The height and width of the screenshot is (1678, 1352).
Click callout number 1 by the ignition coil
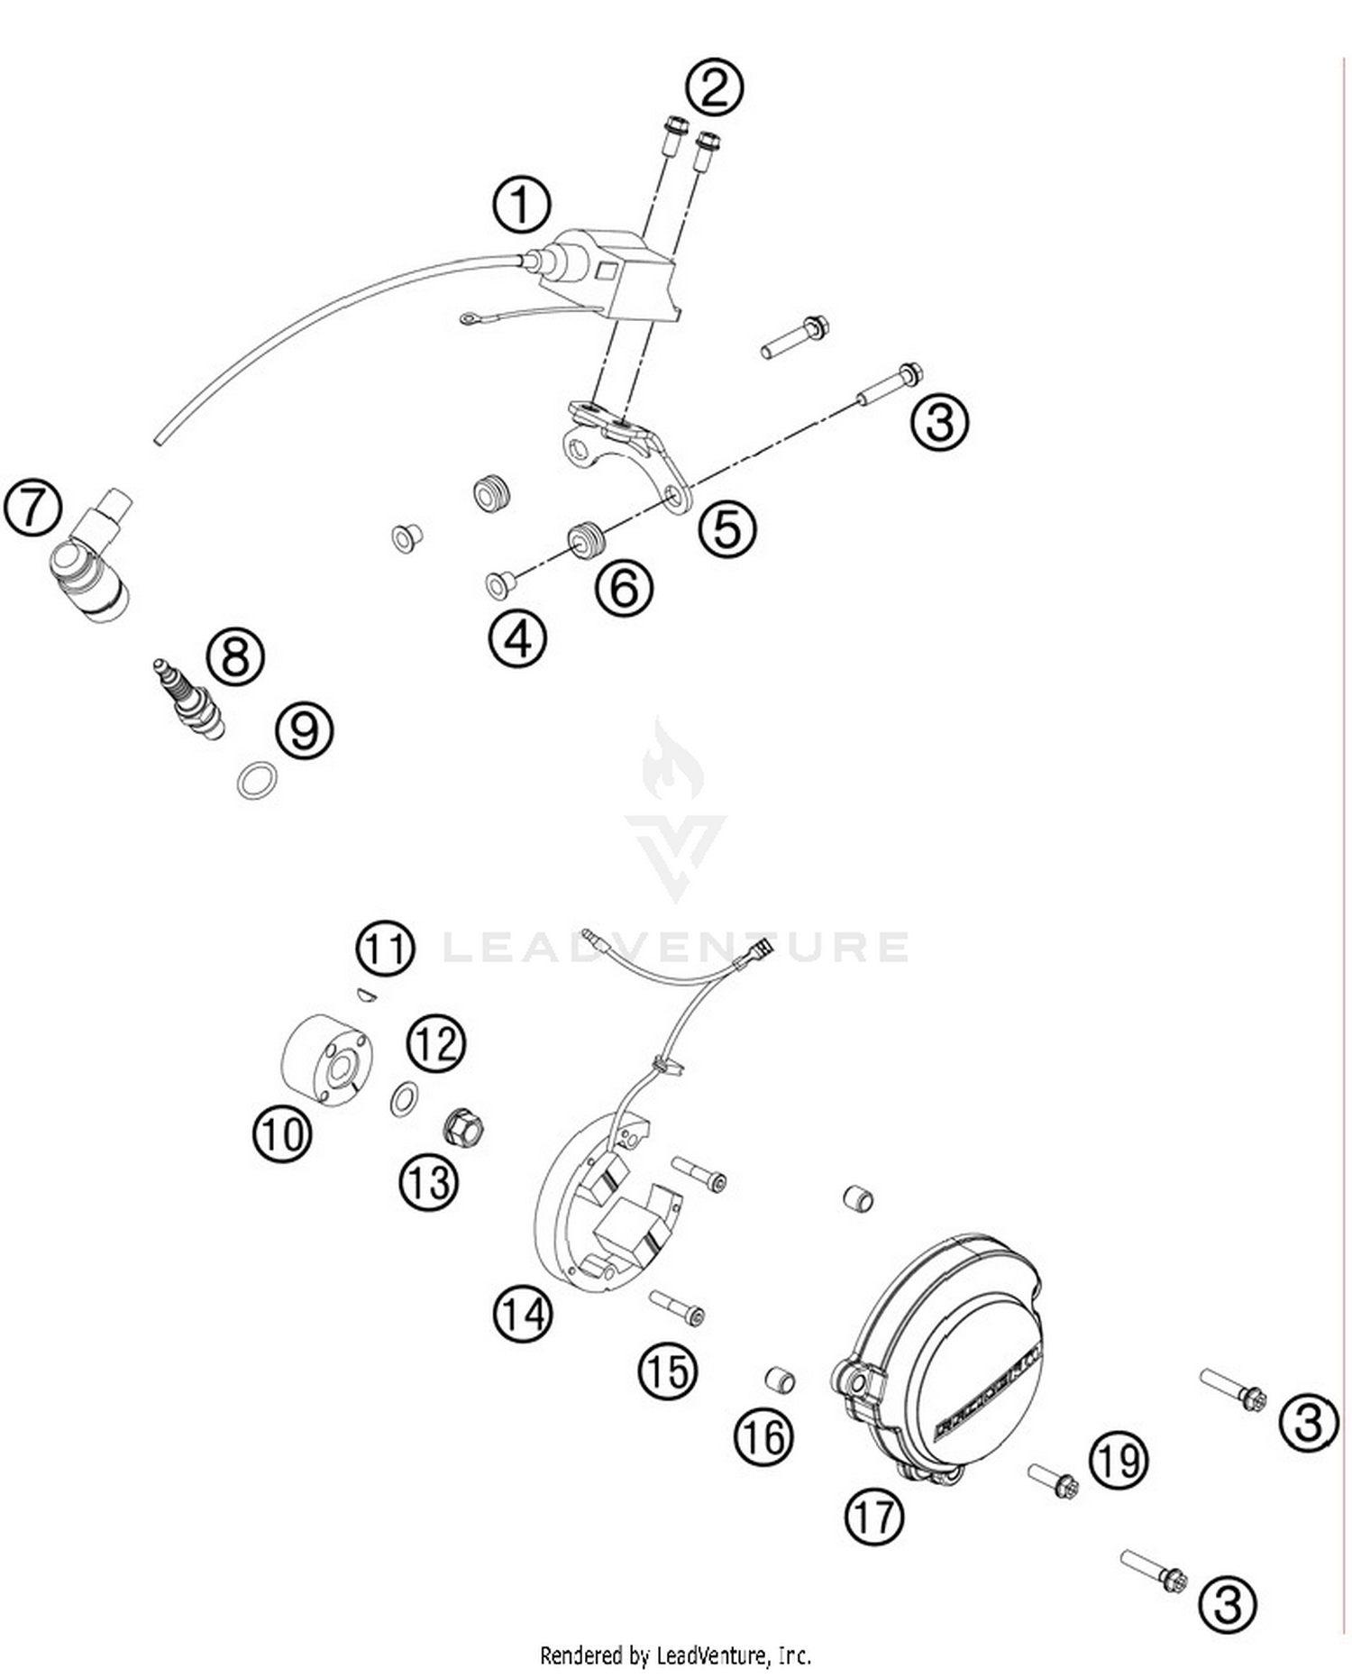pyautogui.click(x=521, y=205)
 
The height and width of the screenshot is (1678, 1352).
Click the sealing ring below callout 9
pyautogui.click(x=257, y=779)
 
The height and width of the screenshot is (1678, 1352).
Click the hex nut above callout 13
pyautogui.click(x=464, y=1127)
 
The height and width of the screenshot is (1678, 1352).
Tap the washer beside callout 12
pyautogui.click(x=404, y=1099)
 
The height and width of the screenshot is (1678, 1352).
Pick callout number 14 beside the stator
pyautogui.click(x=522, y=1313)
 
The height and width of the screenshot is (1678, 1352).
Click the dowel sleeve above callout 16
pyautogui.click(x=779, y=1380)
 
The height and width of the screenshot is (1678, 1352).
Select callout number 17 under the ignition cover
pyautogui.click(x=873, y=1516)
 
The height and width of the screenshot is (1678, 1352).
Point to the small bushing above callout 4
pyautogui.click(x=498, y=585)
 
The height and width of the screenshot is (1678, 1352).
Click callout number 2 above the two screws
pyautogui.click(x=714, y=88)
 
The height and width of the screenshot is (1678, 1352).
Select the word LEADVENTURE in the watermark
pyautogui.click(x=676, y=947)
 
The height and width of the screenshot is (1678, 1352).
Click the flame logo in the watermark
pyautogui.click(x=672, y=760)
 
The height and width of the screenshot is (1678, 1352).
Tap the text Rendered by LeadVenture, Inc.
pyautogui.click(x=675, y=1655)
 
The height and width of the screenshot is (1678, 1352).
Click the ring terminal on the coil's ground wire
pyautogui.click(x=470, y=317)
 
